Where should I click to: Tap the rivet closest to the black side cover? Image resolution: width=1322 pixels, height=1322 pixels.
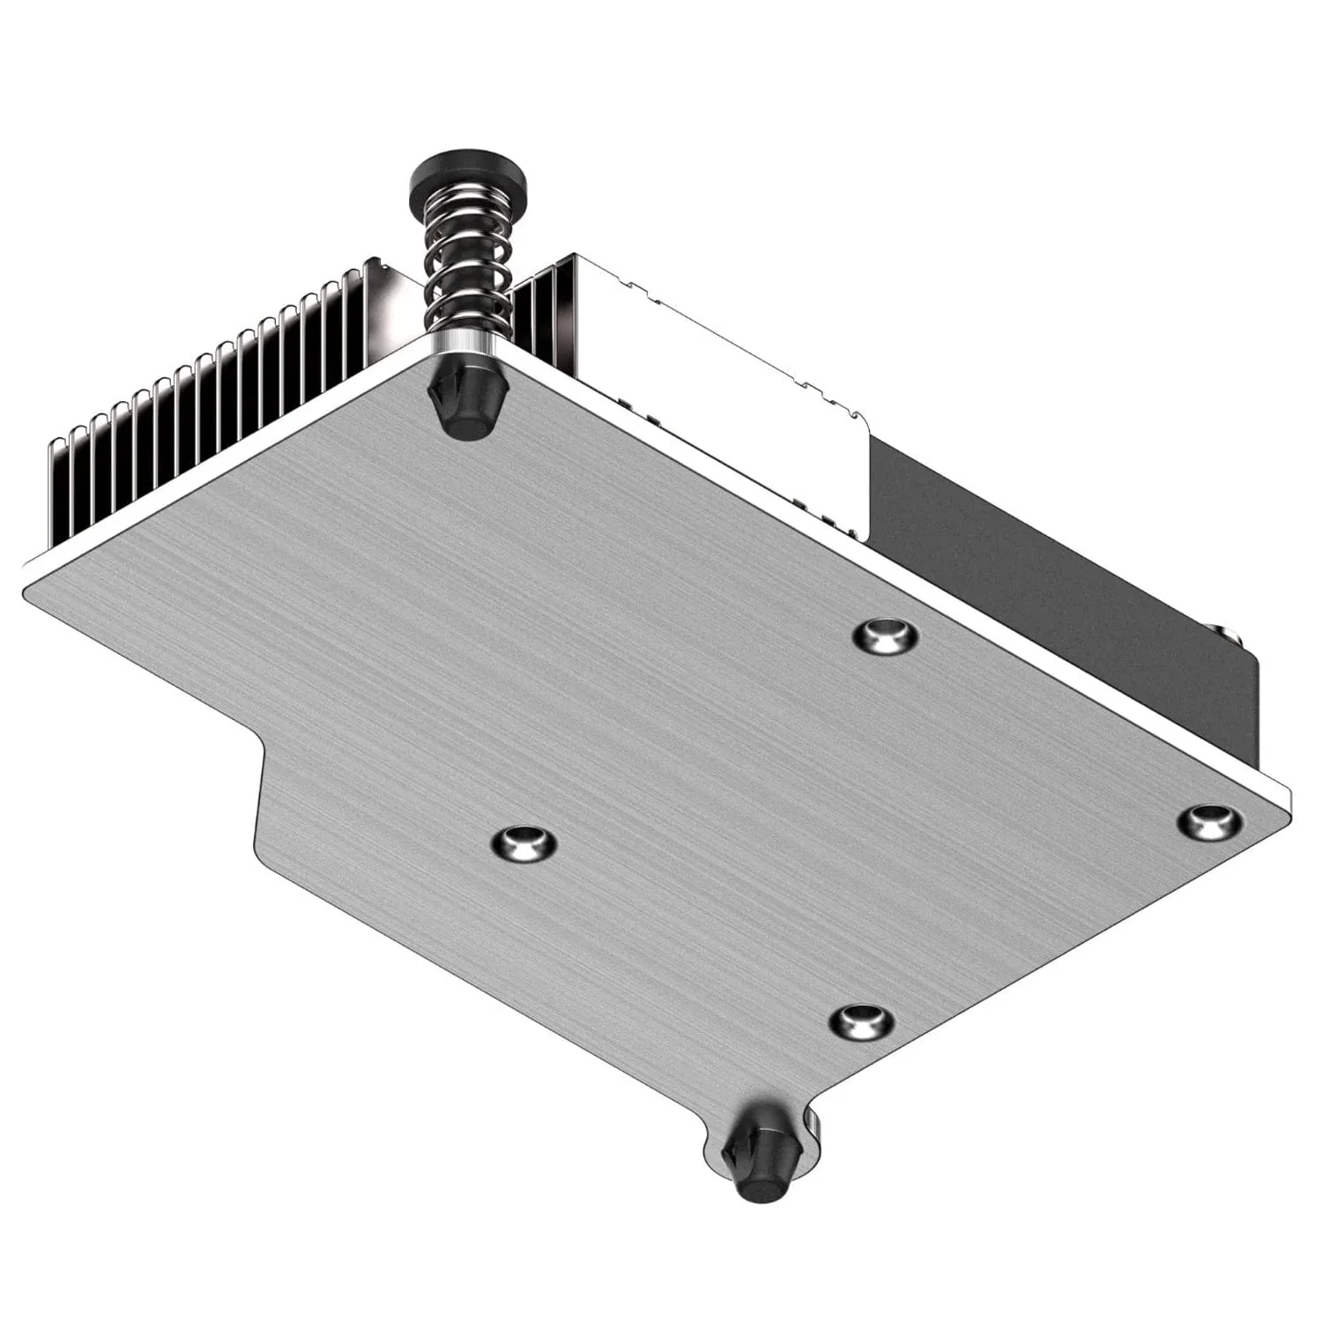click(x=886, y=635)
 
